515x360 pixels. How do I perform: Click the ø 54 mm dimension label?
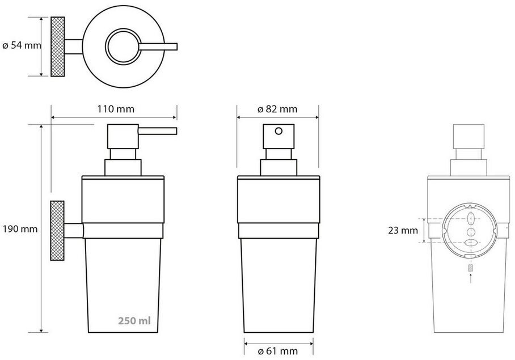22,45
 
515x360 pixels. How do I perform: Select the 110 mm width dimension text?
116,109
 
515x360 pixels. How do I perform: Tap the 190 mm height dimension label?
20,228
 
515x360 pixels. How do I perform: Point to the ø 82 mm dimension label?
277,109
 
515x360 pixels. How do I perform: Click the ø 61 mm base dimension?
278,351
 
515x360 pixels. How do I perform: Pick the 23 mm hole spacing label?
403,230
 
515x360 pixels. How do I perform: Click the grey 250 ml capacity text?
134,320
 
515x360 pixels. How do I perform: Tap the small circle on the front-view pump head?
278,132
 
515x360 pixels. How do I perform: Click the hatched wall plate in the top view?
57,46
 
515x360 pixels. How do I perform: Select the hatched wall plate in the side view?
57,231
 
